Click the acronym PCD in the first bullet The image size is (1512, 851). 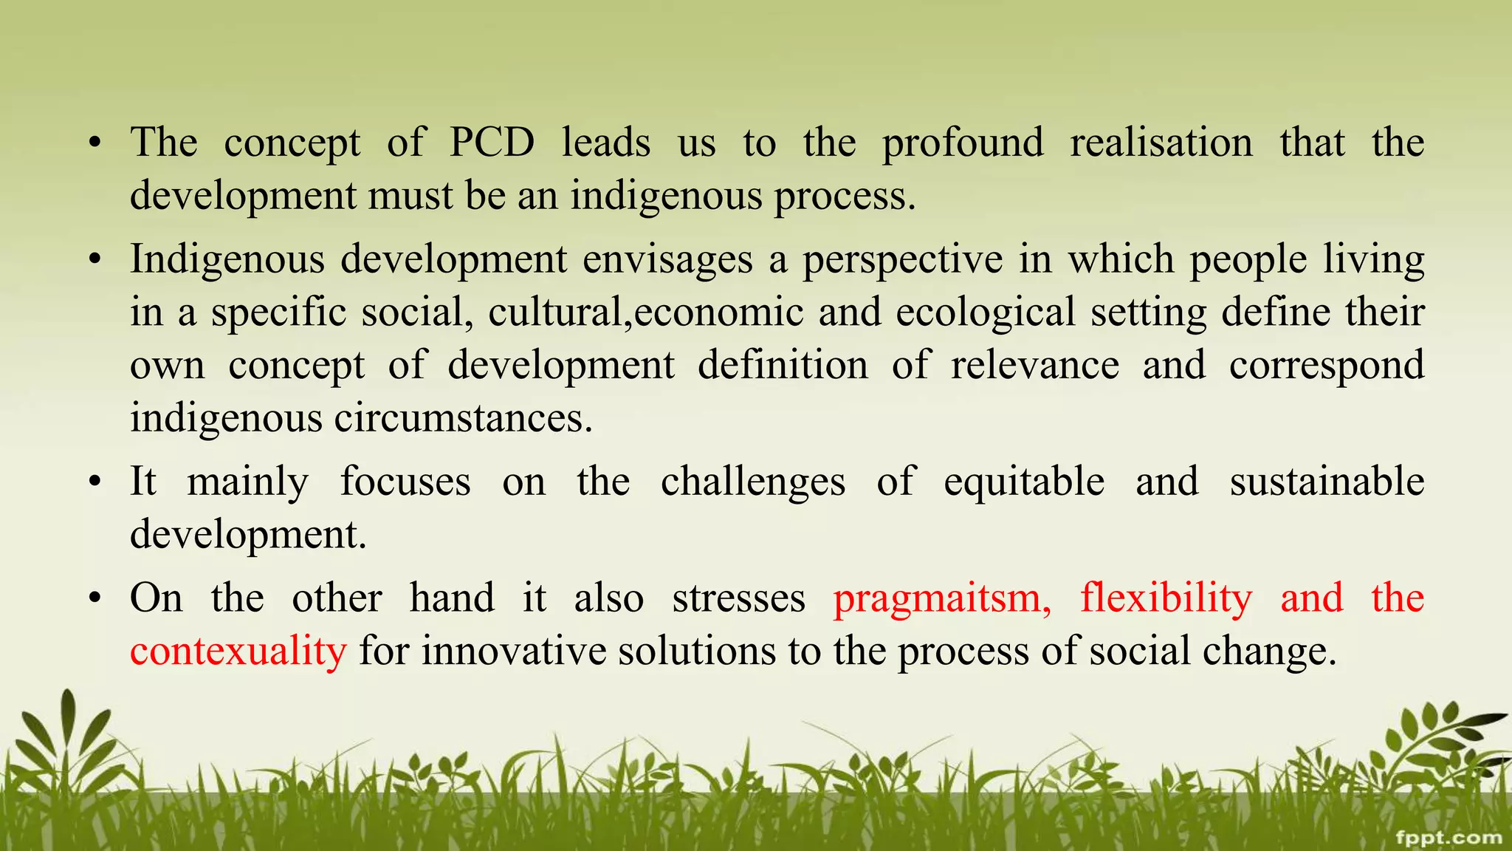coord(492,142)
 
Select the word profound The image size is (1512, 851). coord(963,143)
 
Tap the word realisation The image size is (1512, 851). coord(1161,142)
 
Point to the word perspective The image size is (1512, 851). coord(903,260)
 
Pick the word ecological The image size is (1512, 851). coord(986,312)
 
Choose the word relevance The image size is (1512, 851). coord(1034,365)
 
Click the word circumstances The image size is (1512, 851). coord(463,418)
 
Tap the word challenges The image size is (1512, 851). coord(753,482)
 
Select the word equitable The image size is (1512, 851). coord(1024,482)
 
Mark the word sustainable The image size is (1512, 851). coord(1327,482)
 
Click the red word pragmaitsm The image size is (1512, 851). coord(942,599)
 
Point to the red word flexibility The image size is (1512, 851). coord(1166,599)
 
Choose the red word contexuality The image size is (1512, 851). coord(238,652)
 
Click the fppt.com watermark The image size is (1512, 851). coord(1449,837)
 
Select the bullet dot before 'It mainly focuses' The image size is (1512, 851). coord(94,482)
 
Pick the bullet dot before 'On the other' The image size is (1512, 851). coord(94,598)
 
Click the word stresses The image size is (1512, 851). coord(738,598)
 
